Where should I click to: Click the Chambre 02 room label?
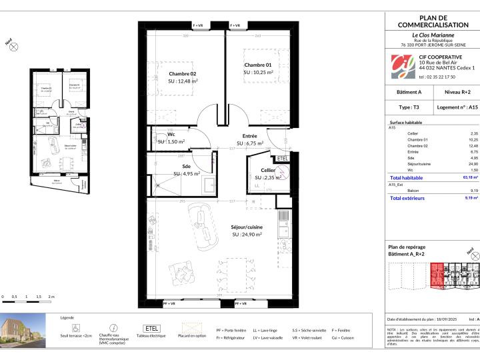(182, 73)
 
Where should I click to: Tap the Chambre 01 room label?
(257, 65)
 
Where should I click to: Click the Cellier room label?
(269, 171)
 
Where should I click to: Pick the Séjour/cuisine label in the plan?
(247, 227)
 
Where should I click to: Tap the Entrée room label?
(249, 135)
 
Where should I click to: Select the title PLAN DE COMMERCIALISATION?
(433, 21)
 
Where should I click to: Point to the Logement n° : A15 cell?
(457, 106)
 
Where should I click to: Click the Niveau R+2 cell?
(457, 92)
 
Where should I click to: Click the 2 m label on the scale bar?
(51, 295)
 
